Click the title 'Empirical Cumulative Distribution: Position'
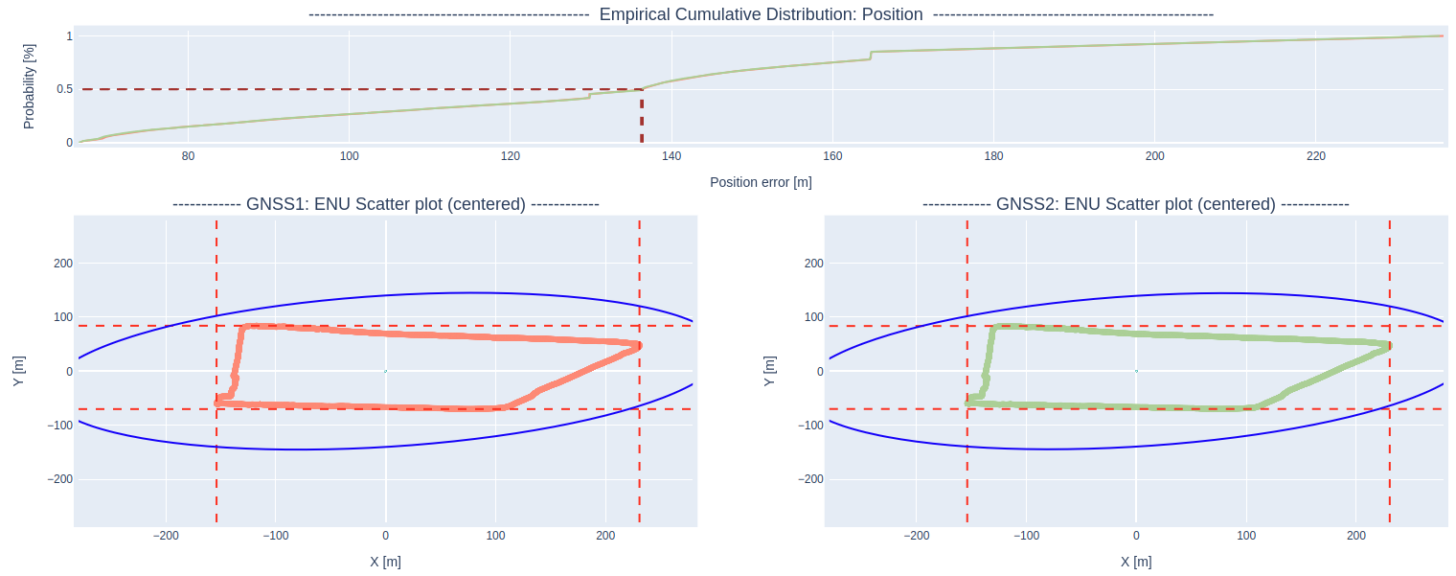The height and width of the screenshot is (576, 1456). (761, 14)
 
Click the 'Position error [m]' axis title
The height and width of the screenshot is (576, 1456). (761, 182)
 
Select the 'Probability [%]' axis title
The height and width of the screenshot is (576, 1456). (29, 86)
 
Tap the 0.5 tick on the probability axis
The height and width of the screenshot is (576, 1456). (64, 89)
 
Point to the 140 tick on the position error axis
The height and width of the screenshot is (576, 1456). (671, 157)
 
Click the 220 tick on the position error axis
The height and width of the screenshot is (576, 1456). (1316, 157)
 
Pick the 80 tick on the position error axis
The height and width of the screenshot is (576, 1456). (188, 157)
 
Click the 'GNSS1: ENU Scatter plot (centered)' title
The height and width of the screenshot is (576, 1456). (385, 204)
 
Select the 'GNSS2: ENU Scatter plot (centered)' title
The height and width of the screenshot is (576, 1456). (1135, 204)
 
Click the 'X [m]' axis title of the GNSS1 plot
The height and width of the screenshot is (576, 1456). (385, 562)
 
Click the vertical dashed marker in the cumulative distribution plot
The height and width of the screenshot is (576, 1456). (642, 120)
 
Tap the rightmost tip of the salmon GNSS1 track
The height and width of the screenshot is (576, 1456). (639, 345)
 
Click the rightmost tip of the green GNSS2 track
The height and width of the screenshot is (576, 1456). (1389, 345)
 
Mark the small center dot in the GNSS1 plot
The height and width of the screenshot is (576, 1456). (385, 371)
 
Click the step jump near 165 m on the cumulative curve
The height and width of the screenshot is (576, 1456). (871, 56)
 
